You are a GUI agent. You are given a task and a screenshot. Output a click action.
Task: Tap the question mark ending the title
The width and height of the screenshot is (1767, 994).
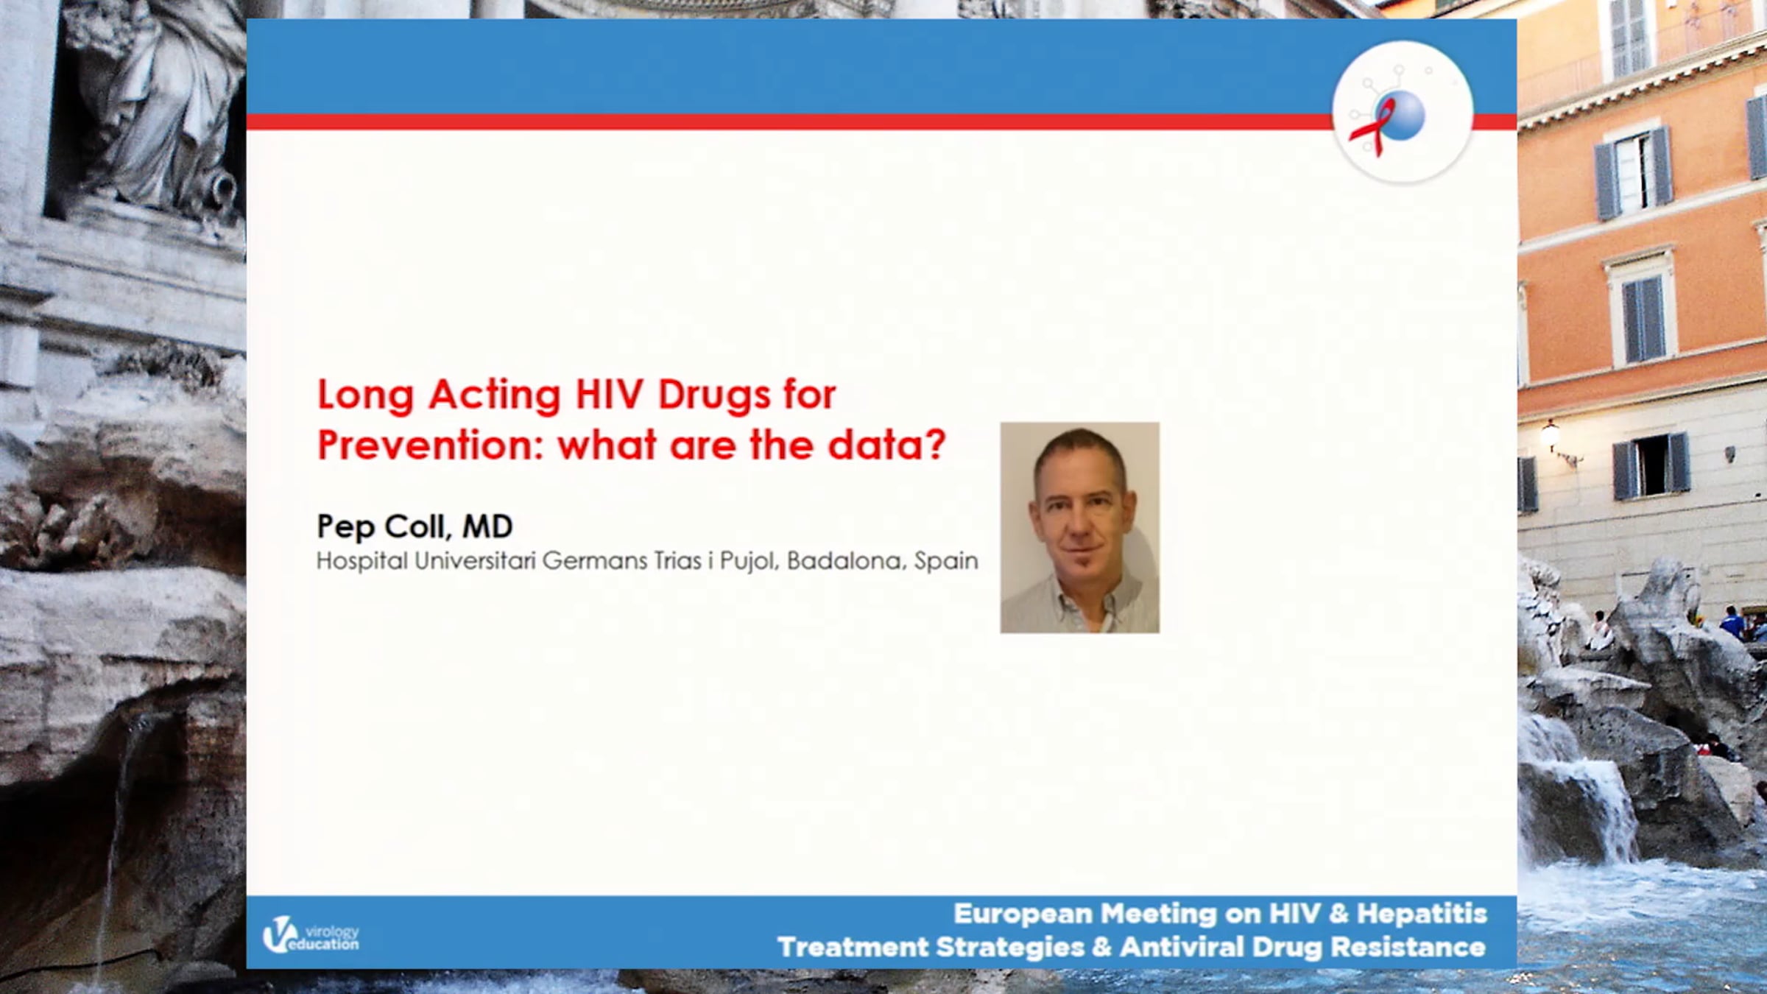click(934, 443)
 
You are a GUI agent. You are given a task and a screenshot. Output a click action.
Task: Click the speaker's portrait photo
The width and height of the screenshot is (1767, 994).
click(1079, 527)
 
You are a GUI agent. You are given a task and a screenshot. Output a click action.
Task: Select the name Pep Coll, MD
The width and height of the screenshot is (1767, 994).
click(415, 526)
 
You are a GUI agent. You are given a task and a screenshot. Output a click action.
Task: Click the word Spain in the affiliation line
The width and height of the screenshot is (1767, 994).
click(946, 562)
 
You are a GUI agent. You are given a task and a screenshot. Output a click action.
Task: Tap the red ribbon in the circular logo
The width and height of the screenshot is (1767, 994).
click(1371, 127)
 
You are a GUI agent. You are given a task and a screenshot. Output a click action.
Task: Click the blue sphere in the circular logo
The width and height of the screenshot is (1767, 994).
click(1401, 115)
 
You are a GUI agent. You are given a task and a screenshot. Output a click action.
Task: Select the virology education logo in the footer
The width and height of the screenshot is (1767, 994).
click(311, 935)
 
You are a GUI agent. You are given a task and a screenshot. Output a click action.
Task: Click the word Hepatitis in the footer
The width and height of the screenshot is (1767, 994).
click(1422, 914)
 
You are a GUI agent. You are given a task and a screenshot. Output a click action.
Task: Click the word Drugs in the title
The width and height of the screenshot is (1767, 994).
click(715, 396)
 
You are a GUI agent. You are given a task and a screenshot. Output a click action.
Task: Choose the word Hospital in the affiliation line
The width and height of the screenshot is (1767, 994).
click(361, 562)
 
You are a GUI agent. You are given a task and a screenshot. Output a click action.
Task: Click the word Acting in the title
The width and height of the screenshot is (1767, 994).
click(495, 396)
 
